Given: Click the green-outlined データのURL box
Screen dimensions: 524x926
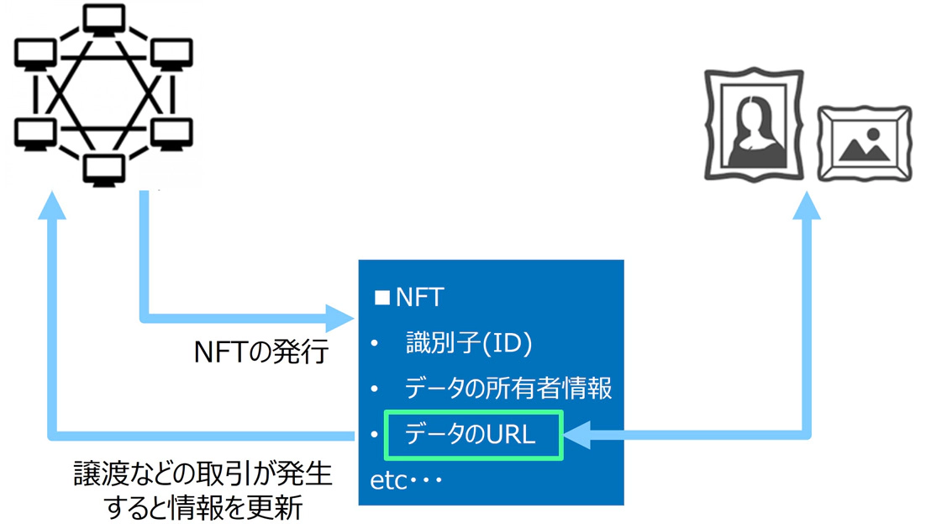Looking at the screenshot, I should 472,435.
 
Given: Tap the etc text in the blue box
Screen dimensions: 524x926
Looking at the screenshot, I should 406,480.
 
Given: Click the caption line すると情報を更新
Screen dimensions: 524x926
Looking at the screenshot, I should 203,508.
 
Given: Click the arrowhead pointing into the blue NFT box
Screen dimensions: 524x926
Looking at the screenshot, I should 340,319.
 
